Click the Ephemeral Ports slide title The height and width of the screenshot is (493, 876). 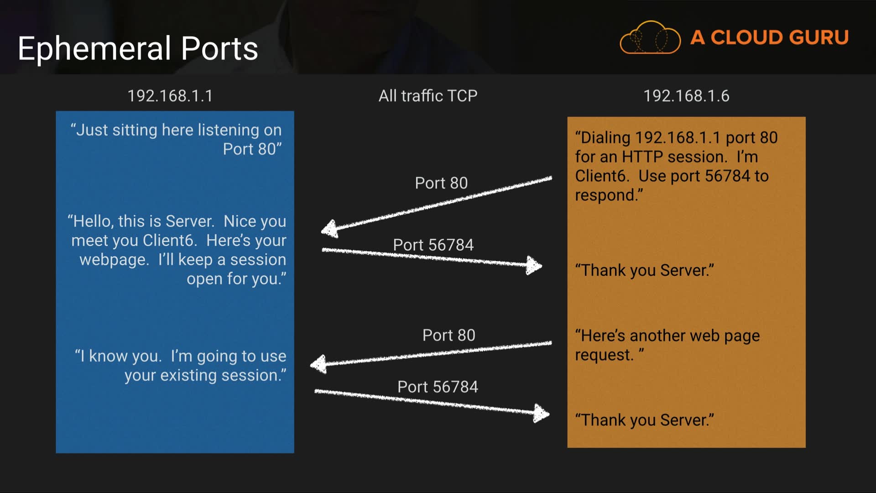point(138,48)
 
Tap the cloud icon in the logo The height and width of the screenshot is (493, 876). point(650,38)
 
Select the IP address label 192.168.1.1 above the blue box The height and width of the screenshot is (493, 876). point(170,96)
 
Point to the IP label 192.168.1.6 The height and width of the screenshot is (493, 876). point(686,96)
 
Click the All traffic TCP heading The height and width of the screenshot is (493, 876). point(428,96)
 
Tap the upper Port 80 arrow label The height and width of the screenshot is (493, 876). point(441,183)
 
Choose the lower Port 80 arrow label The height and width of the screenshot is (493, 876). point(448,336)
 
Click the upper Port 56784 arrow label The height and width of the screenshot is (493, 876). point(433,245)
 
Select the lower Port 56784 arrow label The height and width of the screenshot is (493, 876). point(438,387)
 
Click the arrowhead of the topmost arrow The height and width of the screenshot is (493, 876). point(329,229)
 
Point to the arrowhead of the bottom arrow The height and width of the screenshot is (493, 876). point(541,414)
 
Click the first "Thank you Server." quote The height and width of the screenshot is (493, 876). point(644,270)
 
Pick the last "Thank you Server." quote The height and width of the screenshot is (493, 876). point(644,420)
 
